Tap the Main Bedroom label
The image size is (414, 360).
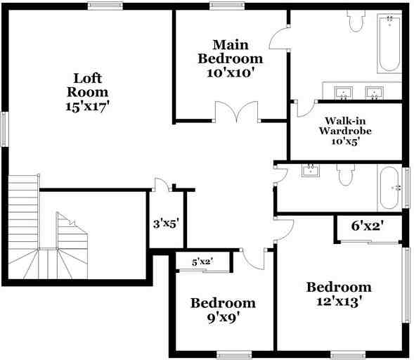pyautogui.click(x=230, y=51)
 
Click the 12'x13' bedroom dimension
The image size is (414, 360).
pyautogui.click(x=338, y=302)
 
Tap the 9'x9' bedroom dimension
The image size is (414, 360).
pyautogui.click(x=223, y=318)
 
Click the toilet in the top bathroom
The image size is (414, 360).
pyautogui.click(x=356, y=22)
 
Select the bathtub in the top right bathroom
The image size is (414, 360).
pyautogui.click(x=389, y=44)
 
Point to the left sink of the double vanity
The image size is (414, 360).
pyautogui.click(x=344, y=92)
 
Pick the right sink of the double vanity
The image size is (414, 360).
pyautogui.click(x=374, y=92)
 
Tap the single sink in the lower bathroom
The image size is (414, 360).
pyautogui.click(x=310, y=169)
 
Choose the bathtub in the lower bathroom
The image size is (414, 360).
pyautogui.click(x=390, y=188)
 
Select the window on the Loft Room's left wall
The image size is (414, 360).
pyautogui.click(x=4, y=129)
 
